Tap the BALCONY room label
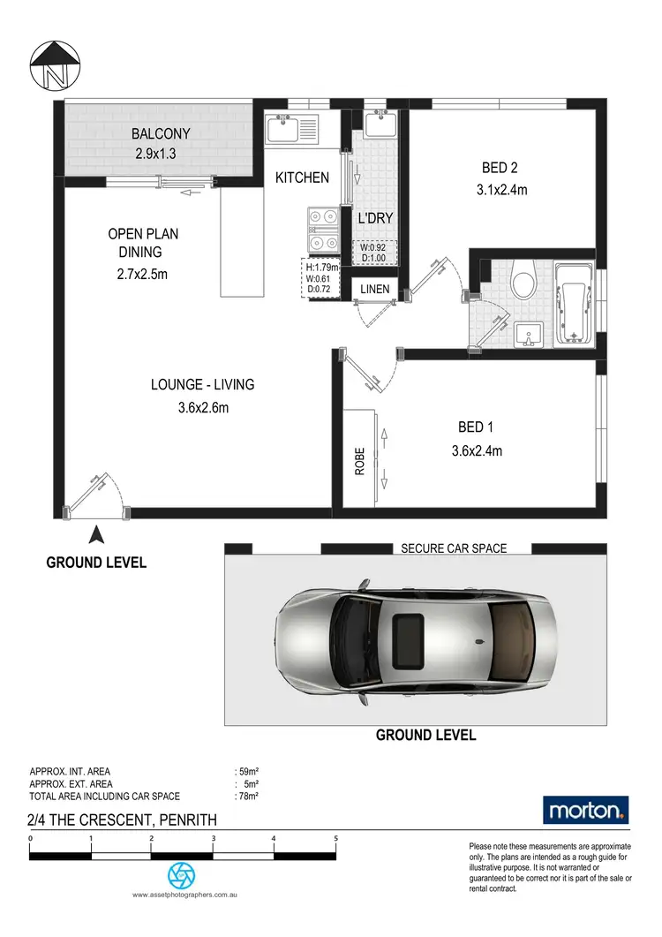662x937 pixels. pos(161,134)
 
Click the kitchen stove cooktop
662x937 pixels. pos(322,227)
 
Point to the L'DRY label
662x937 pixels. pos(374,218)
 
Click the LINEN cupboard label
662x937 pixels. pos(374,288)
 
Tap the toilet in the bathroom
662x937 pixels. pos(524,282)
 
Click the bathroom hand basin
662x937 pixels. pos(528,335)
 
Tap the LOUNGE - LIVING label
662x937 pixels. pos(203,384)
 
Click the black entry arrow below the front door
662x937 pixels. pos(97,533)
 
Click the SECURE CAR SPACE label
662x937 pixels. pos(454,548)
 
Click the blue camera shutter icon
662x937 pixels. pos(182,875)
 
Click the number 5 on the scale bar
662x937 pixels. pos(336,838)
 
